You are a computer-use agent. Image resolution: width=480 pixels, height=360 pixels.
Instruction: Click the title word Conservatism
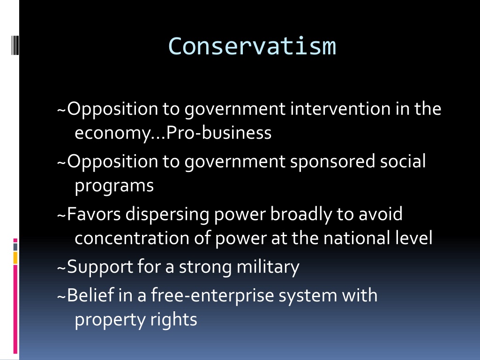(252, 46)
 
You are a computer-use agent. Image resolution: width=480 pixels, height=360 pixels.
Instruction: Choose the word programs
(114, 186)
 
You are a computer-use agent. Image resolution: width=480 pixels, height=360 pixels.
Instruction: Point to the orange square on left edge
(15, 257)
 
